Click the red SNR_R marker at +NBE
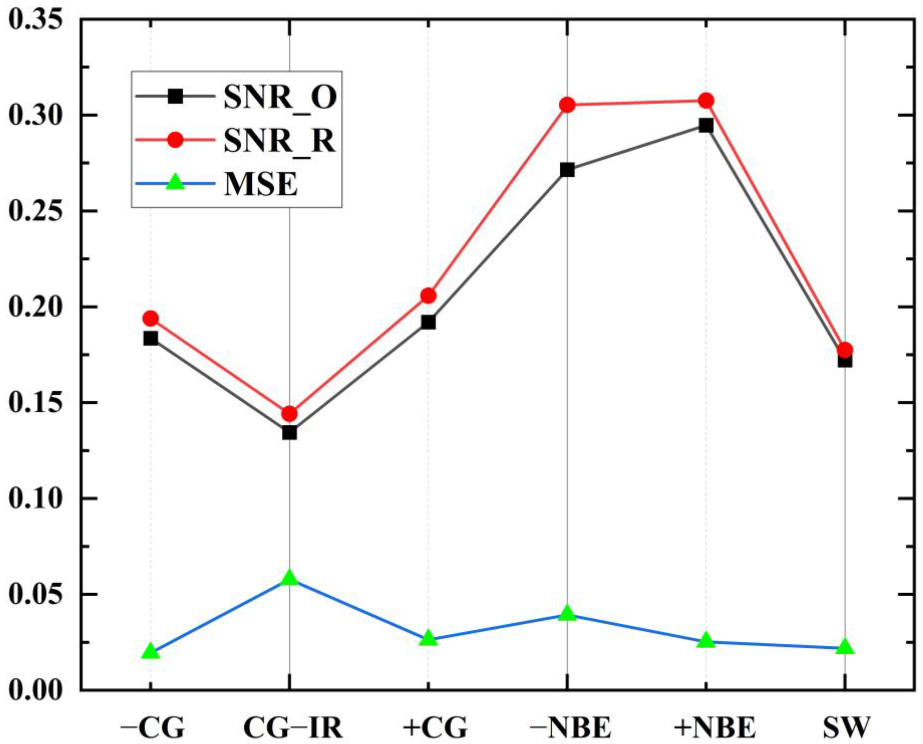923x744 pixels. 706,101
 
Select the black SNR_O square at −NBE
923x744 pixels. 567,170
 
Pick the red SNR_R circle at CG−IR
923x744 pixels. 289,414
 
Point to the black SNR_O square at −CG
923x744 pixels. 150,339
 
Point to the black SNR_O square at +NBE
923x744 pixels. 706,126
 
